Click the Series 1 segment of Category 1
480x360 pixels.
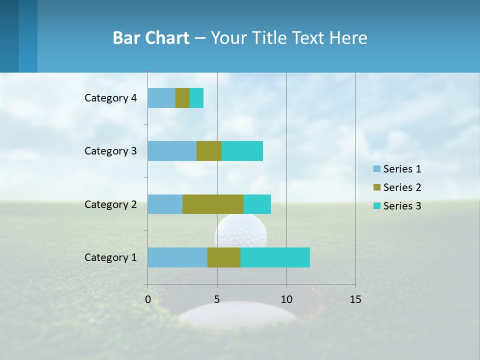(x=177, y=257)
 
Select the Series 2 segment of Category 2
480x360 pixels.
(x=213, y=204)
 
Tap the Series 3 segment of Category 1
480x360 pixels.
(x=275, y=257)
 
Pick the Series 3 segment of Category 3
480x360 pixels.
(x=242, y=151)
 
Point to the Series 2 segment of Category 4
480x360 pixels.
(x=182, y=98)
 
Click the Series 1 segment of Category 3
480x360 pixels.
(x=172, y=151)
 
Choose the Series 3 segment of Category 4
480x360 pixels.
(x=196, y=98)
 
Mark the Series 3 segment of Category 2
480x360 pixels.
(x=257, y=204)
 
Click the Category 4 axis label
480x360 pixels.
(x=110, y=98)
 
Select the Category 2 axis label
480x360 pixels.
(x=110, y=204)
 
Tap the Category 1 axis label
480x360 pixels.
(x=110, y=257)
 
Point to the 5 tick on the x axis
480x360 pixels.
(x=217, y=299)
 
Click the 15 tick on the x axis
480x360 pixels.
(x=355, y=299)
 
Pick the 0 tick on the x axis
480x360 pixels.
(x=148, y=299)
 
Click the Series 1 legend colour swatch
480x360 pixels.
(x=376, y=169)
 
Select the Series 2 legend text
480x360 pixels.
(x=402, y=187)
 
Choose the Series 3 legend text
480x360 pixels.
(x=402, y=206)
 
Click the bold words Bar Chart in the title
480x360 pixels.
(x=151, y=38)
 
